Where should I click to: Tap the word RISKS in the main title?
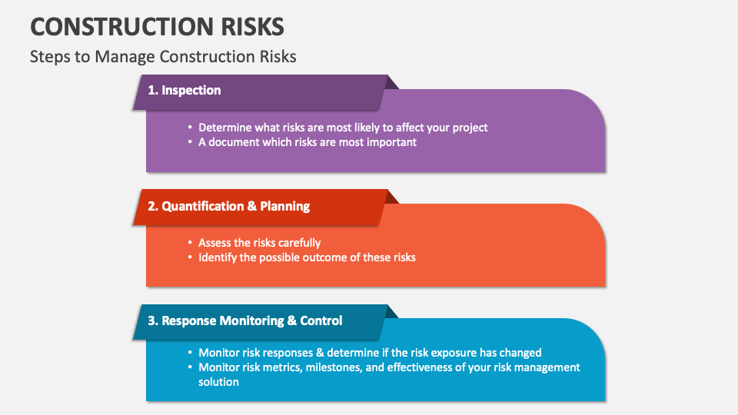pos(250,26)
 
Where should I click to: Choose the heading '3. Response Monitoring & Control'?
pos(251,320)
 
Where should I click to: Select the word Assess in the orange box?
pos(216,243)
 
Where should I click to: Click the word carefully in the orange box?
pos(295,243)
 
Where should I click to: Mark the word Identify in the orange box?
pos(218,257)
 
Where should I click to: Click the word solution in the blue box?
pos(219,382)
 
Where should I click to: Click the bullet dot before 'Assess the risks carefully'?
pos(190,244)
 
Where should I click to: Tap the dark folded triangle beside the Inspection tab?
pos(391,81)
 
